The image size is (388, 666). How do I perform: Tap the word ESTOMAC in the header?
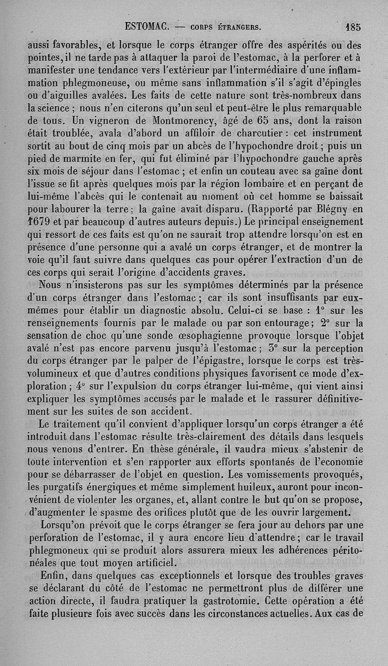pos(146,25)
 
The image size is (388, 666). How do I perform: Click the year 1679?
pos(37,222)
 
